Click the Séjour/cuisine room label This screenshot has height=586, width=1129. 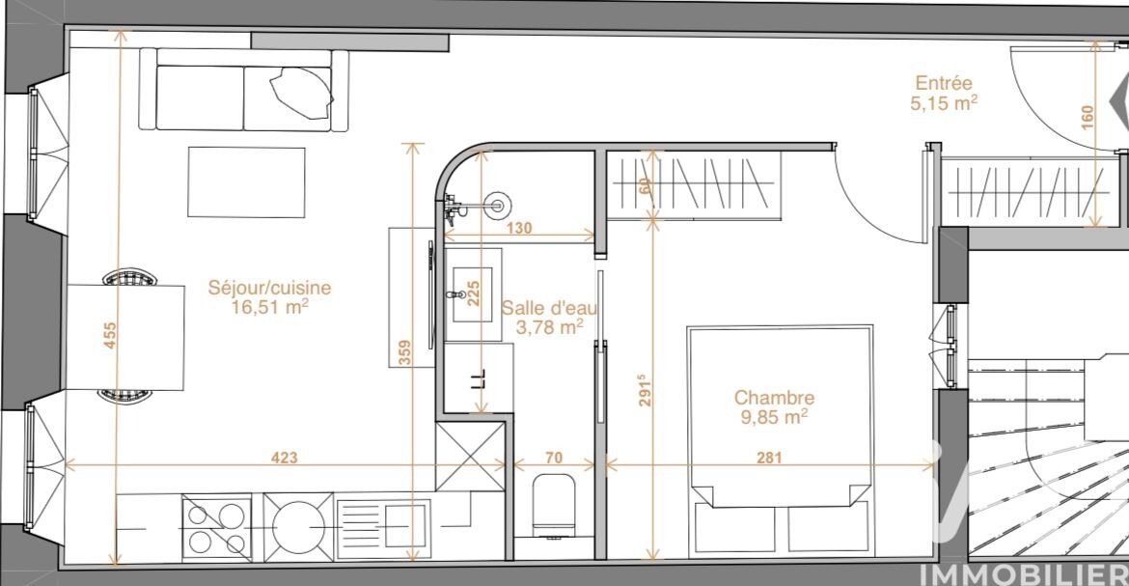click(270, 297)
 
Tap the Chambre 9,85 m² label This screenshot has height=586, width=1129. click(774, 407)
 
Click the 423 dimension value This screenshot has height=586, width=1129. click(285, 458)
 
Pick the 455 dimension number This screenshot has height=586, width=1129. click(110, 335)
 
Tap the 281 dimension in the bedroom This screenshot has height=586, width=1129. click(769, 457)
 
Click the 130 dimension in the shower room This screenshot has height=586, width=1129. click(519, 228)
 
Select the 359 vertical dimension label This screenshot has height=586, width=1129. click(404, 352)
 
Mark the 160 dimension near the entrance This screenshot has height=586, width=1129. click(1088, 117)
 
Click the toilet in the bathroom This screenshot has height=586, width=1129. click(555, 506)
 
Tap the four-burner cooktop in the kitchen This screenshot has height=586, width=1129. click(217, 527)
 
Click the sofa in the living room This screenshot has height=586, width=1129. click(244, 90)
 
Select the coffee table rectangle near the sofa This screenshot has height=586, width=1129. click(246, 182)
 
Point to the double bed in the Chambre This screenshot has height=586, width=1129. click(781, 440)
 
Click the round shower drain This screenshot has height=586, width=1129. click(496, 207)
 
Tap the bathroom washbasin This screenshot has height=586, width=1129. click(473, 294)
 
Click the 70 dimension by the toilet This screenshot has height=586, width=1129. click(554, 458)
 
